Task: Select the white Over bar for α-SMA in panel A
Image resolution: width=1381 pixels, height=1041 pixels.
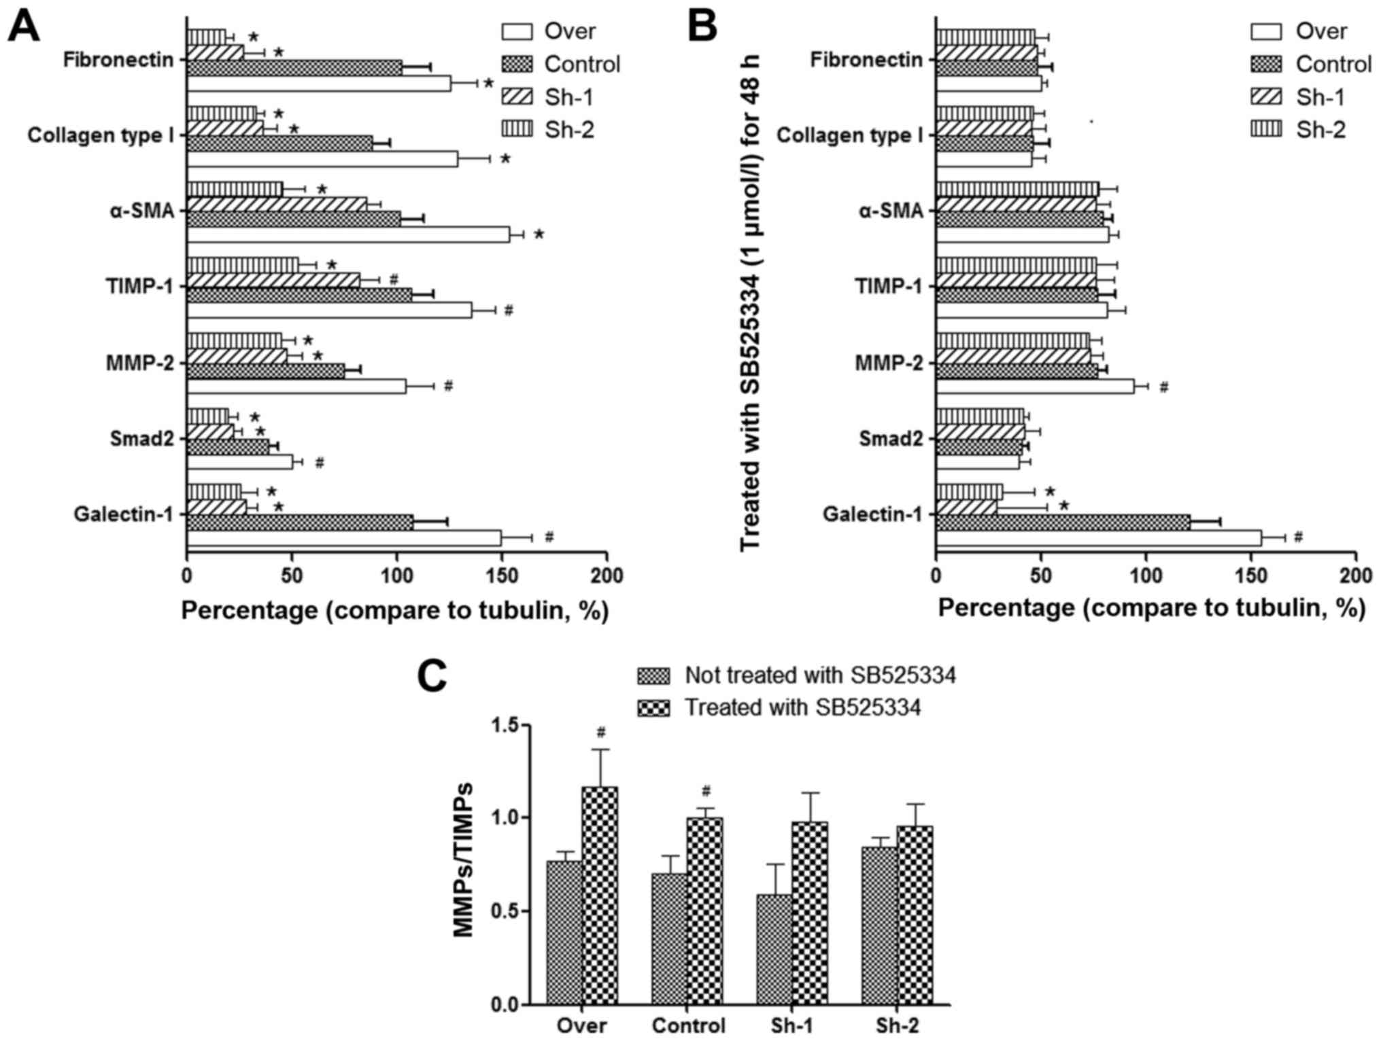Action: click(348, 234)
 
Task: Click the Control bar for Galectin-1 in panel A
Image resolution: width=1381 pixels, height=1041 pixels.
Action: click(300, 522)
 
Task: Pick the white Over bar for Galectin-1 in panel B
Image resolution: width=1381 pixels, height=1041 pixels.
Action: click(1098, 537)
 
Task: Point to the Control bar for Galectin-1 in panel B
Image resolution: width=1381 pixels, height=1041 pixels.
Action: click(1063, 522)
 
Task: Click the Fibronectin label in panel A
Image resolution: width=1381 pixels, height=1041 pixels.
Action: click(118, 60)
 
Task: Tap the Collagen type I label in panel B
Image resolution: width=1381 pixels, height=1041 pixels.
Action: click(850, 135)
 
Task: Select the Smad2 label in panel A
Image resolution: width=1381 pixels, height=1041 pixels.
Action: click(142, 439)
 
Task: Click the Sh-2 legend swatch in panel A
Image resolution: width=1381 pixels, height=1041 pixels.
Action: click(517, 129)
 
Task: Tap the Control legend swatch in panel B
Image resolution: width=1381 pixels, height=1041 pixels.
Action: click(1266, 64)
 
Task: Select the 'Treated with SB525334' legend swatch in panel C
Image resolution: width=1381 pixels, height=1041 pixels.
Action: click(653, 708)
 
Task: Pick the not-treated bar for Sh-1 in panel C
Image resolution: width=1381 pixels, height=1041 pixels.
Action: click(774, 949)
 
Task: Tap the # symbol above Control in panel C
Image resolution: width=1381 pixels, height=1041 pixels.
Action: click(706, 791)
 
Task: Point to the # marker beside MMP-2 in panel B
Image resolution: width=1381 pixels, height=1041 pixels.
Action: click(1163, 387)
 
